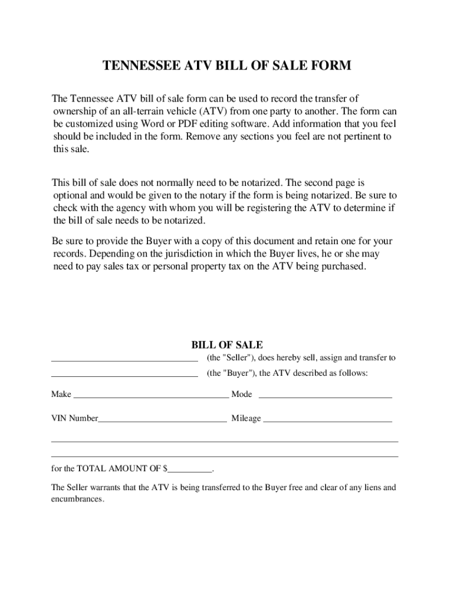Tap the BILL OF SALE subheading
227,345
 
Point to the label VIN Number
75,418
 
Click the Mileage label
246,418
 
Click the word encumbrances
77,499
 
